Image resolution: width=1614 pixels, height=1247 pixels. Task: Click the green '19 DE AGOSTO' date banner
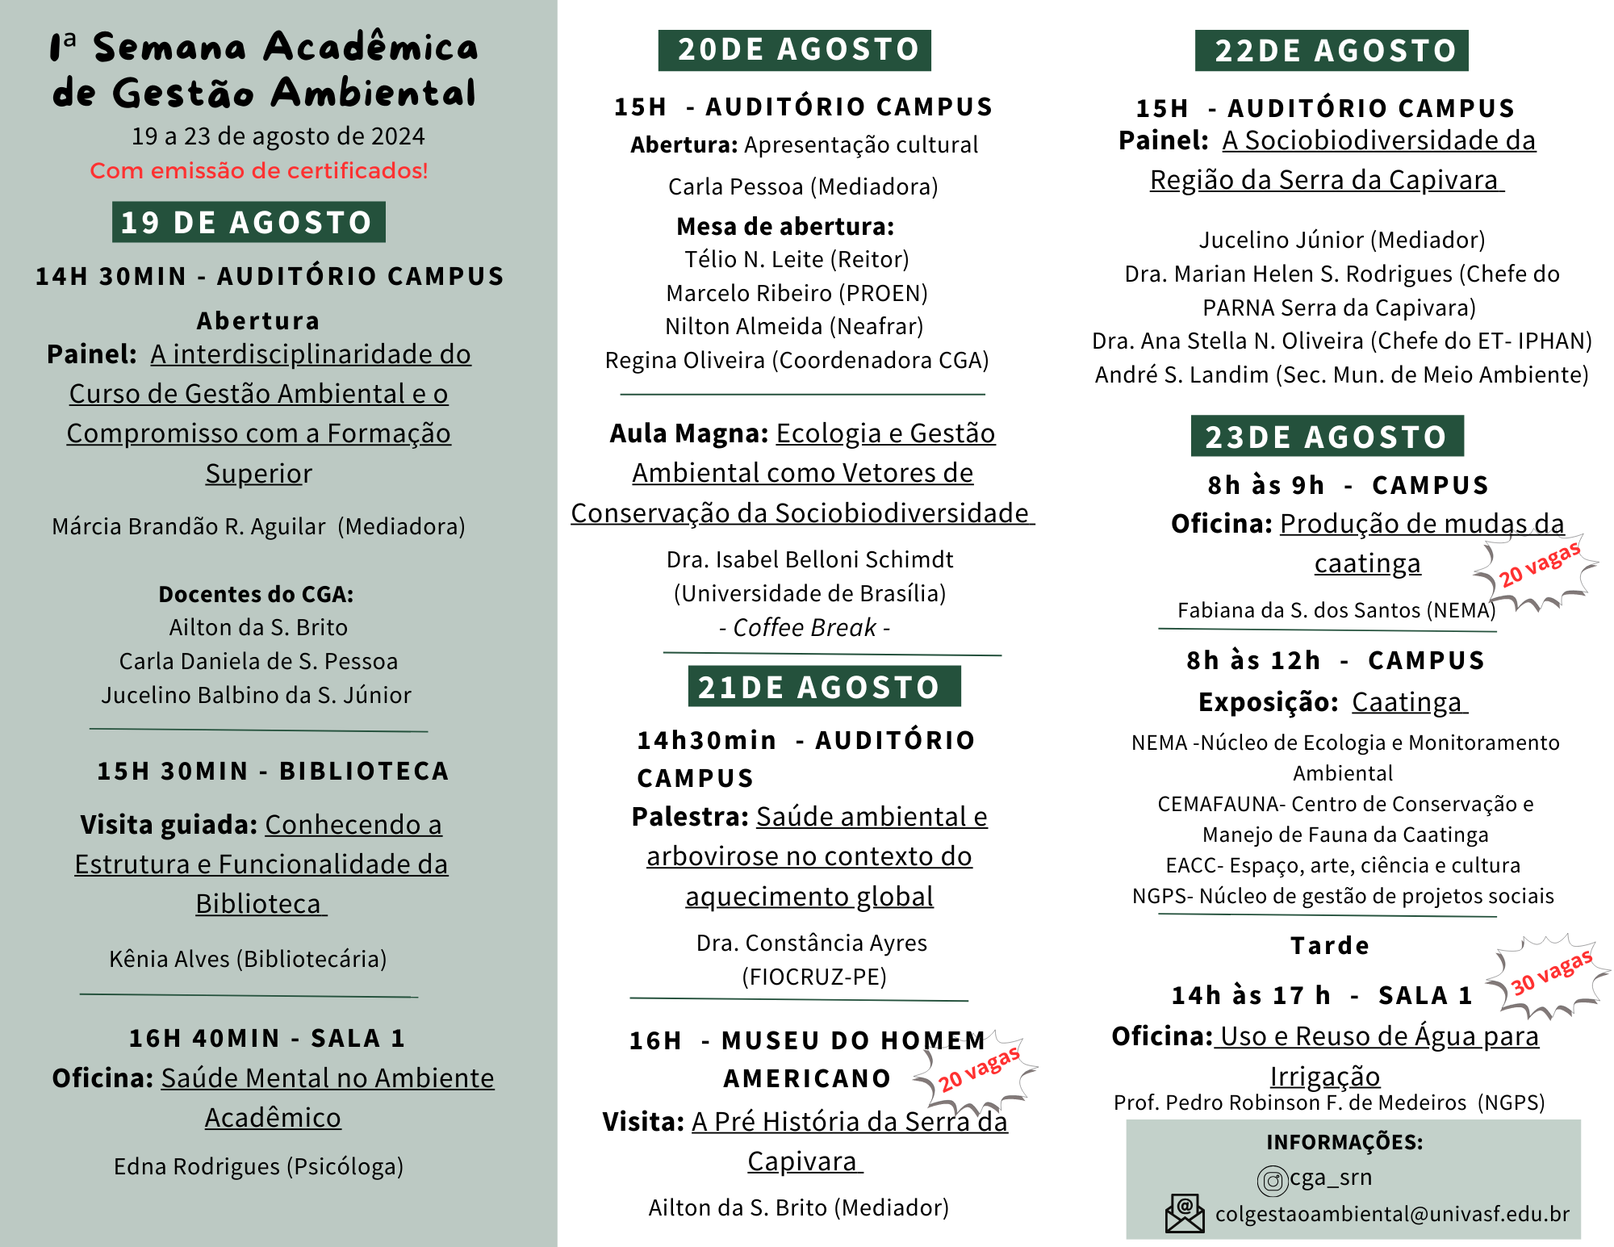click(x=249, y=222)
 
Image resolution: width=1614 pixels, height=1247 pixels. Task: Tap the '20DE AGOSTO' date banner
click(x=795, y=50)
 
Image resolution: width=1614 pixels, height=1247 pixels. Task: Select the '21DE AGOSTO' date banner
click(x=824, y=687)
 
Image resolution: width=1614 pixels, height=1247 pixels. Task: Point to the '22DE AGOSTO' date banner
click(x=1332, y=51)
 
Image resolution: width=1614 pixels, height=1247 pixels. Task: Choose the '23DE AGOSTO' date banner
click(x=1327, y=437)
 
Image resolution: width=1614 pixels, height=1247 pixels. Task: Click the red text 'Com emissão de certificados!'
click(x=258, y=171)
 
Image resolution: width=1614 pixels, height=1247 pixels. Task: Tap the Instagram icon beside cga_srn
click(x=1273, y=1181)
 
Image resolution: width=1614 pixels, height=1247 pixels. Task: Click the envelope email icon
click(x=1185, y=1214)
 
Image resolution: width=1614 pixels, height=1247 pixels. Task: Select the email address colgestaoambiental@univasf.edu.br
click(x=1392, y=1214)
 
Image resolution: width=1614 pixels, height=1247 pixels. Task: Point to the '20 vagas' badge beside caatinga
click(x=1538, y=566)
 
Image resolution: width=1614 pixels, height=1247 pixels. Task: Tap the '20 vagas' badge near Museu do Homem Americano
click(x=978, y=1070)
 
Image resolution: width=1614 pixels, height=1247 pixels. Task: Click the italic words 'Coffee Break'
click(x=805, y=627)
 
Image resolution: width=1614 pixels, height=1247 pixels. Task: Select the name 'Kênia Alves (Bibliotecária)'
click(x=248, y=959)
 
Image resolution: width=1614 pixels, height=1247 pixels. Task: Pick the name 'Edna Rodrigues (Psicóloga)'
click(x=258, y=1166)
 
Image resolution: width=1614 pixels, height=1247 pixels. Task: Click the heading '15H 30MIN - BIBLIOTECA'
click(x=273, y=771)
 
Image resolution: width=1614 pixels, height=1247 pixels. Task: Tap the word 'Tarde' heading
click(x=1330, y=945)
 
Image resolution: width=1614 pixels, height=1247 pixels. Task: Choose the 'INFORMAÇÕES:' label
click(x=1344, y=1142)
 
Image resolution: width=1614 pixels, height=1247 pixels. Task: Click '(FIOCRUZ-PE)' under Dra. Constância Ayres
click(x=813, y=977)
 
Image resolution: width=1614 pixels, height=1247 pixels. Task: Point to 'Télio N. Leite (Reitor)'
click(x=797, y=259)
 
